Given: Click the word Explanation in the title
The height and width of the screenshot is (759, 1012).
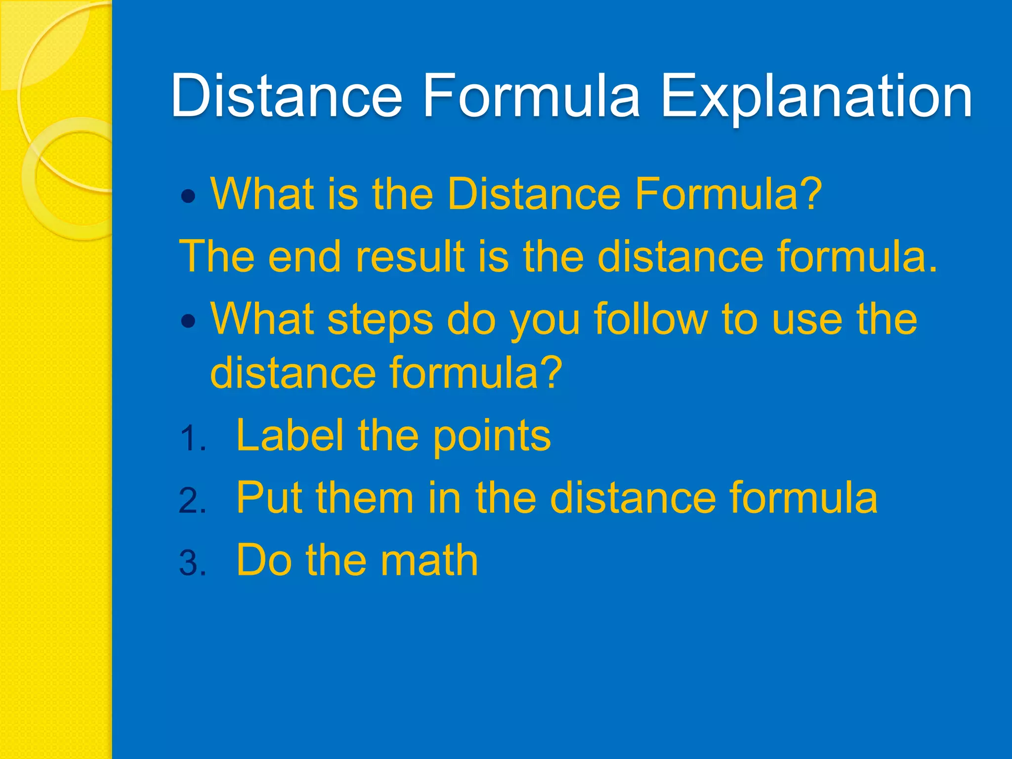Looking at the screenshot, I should pyautogui.click(x=816, y=96).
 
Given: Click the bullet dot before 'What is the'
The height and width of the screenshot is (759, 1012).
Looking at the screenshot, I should pyautogui.click(x=189, y=197).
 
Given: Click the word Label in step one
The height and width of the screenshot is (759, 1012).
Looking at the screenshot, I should pyautogui.click(x=290, y=435).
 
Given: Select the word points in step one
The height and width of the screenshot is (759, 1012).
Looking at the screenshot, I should pyautogui.click(x=492, y=438).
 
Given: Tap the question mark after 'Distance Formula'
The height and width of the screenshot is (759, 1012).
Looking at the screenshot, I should pyautogui.click(x=811, y=194).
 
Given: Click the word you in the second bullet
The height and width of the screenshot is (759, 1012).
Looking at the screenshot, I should pyautogui.click(x=545, y=323).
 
